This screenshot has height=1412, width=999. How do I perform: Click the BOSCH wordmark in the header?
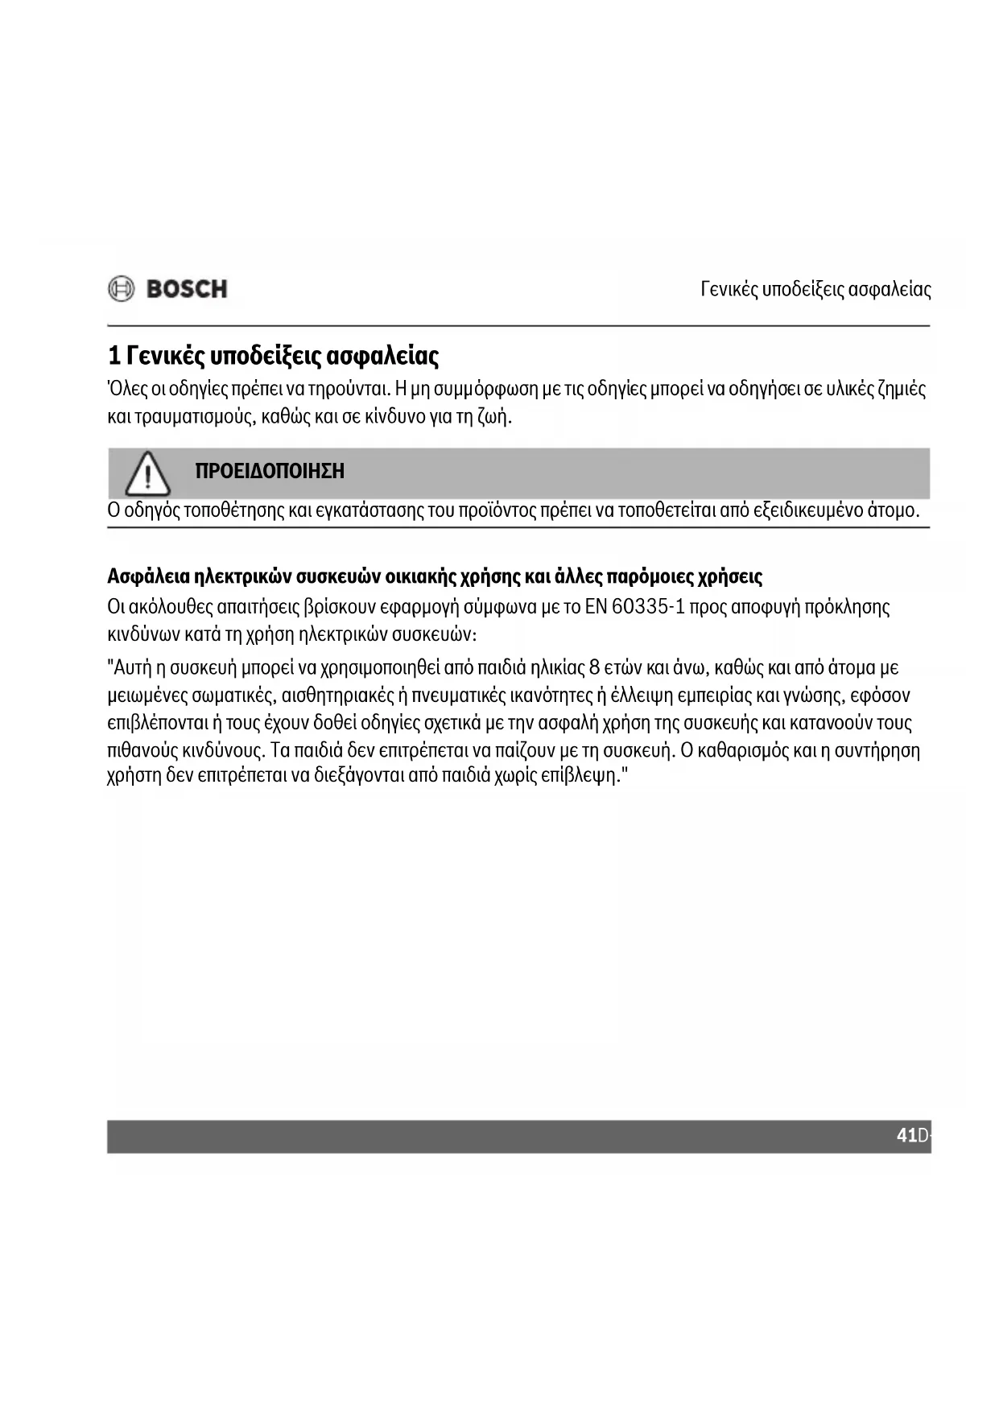tap(187, 289)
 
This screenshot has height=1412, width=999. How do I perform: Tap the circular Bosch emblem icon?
tap(122, 289)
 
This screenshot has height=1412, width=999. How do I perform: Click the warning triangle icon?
tap(147, 474)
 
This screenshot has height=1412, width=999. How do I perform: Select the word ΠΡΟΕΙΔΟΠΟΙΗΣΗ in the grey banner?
tap(270, 472)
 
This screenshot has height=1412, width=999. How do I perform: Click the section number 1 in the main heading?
tap(114, 356)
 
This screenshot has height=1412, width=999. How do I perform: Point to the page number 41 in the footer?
tap(906, 1136)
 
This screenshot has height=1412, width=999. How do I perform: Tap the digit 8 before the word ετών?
tap(594, 668)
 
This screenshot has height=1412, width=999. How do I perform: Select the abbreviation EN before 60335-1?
tap(596, 607)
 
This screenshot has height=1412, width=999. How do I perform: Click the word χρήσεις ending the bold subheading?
tap(729, 577)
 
